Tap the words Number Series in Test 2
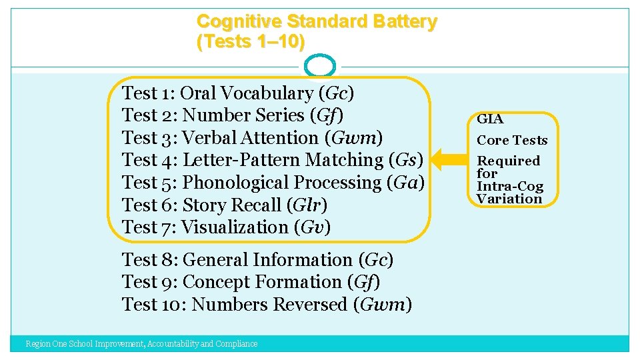243,115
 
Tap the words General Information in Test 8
267,260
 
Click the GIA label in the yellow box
490,120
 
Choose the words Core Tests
512,140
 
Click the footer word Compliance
236,344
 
